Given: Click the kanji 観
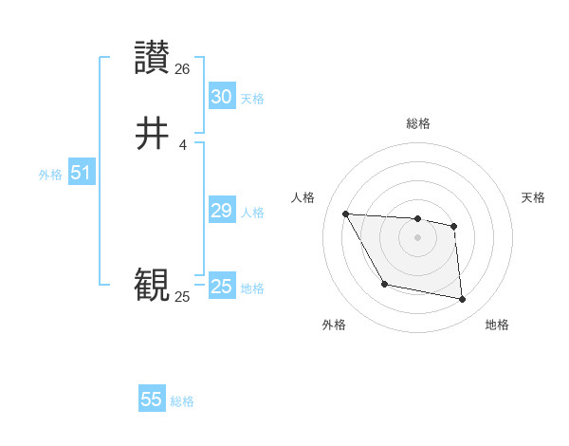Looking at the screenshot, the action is tap(153, 285).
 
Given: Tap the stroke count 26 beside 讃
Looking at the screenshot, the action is tap(183, 69).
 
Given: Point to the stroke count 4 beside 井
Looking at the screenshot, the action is tap(182, 144).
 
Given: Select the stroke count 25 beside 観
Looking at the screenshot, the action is tap(182, 297).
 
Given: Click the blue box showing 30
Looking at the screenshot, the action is tap(221, 97).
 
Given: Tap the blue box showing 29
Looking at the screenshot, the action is tap(221, 211).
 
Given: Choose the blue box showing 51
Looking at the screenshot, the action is tap(81, 173).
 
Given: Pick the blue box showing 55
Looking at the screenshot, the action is tap(152, 400).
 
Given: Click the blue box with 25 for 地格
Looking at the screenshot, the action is tap(221, 287).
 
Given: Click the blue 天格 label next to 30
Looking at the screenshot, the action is tap(252, 99).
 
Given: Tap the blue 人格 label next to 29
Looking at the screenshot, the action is tap(252, 213).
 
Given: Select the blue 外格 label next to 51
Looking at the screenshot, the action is tap(50, 175).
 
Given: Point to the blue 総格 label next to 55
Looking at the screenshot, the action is tap(182, 401).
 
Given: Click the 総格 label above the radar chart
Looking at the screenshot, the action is tap(418, 123).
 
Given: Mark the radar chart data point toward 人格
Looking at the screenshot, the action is tap(345, 214).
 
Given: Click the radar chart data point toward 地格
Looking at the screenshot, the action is tap(463, 300).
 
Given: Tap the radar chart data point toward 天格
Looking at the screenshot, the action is tap(454, 226).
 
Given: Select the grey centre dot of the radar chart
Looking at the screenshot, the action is tap(418, 237).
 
